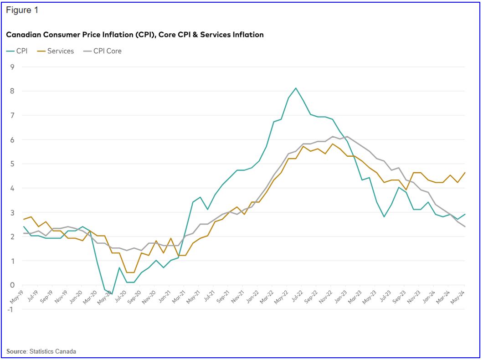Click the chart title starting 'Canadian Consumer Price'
134,35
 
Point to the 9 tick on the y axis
12,67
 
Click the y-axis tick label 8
12,91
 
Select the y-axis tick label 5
12,164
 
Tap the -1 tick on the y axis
11,309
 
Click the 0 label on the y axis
12,285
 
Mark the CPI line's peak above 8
296,88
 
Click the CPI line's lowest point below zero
112,294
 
